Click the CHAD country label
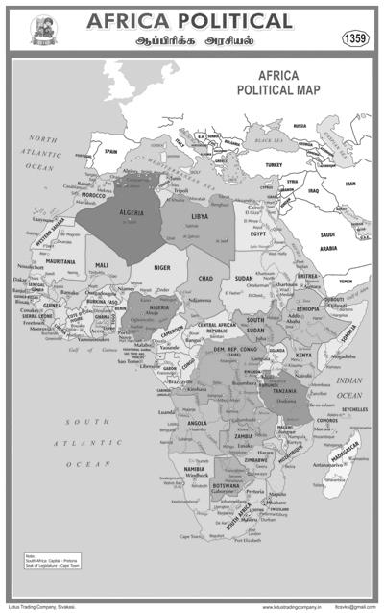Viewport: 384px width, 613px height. pyautogui.click(x=204, y=278)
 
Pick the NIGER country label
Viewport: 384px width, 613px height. pyautogui.click(x=163, y=269)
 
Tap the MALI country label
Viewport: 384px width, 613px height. pyautogui.click(x=103, y=264)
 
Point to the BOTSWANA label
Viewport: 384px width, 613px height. pyautogui.click(x=228, y=485)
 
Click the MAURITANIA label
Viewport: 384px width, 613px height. pyautogui.click(x=60, y=261)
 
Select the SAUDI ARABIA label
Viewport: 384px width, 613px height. pyautogui.click(x=327, y=241)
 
